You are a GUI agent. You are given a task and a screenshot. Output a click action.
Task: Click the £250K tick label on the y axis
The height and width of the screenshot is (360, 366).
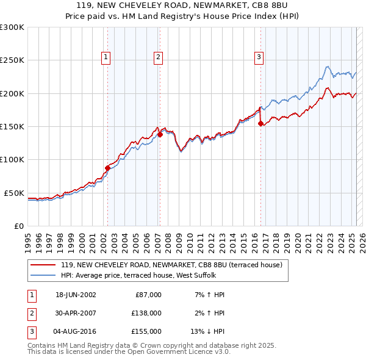pyautogui.click(x=12, y=60)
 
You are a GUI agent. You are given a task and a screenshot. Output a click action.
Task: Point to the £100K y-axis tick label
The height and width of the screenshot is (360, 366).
pyautogui.click(x=12, y=159)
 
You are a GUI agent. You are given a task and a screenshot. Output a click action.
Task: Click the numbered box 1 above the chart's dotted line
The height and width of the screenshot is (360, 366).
pyautogui.click(x=106, y=57)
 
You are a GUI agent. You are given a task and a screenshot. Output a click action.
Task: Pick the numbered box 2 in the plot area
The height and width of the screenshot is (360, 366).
pyautogui.click(x=158, y=57)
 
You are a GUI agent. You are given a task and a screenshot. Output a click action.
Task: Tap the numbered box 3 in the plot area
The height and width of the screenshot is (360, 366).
pyautogui.click(x=259, y=57)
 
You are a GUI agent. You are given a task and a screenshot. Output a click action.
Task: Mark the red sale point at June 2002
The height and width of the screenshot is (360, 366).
pyautogui.click(x=108, y=168)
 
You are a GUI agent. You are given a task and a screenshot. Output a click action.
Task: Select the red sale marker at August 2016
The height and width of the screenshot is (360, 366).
pyautogui.click(x=260, y=123)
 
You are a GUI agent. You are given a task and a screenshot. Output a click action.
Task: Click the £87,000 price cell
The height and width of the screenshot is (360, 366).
pyautogui.click(x=146, y=295)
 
